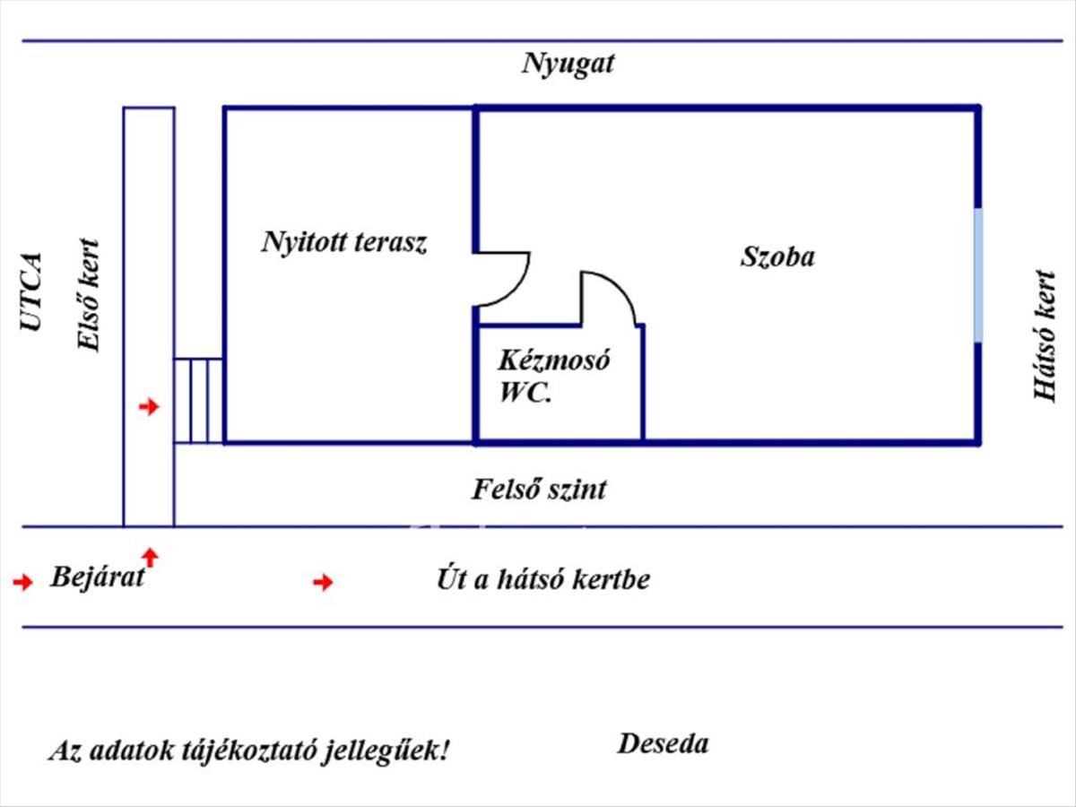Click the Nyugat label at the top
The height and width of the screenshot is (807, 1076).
(x=568, y=65)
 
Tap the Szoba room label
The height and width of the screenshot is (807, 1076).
(x=777, y=257)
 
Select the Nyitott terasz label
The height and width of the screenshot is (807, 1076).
(x=344, y=242)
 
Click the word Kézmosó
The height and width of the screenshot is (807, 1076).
(x=554, y=361)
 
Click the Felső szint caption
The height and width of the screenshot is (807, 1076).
(x=539, y=490)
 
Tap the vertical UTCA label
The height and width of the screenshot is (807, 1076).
(x=32, y=291)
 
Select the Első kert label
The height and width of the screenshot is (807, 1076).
(x=88, y=294)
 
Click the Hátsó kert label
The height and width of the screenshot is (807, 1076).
(x=1045, y=335)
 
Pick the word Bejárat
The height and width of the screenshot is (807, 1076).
(x=97, y=577)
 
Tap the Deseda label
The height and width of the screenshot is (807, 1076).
(x=663, y=743)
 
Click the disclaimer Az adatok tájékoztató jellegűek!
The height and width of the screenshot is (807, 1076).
(x=248, y=750)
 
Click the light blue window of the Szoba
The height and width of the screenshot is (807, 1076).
(x=978, y=274)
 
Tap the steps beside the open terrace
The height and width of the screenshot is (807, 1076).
(x=198, y=400)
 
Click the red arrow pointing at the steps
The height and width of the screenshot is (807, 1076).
(x=149, y=407)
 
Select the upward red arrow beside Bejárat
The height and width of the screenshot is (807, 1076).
(x=150, y=557)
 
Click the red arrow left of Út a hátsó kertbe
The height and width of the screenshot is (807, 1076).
(x=323, y=583)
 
